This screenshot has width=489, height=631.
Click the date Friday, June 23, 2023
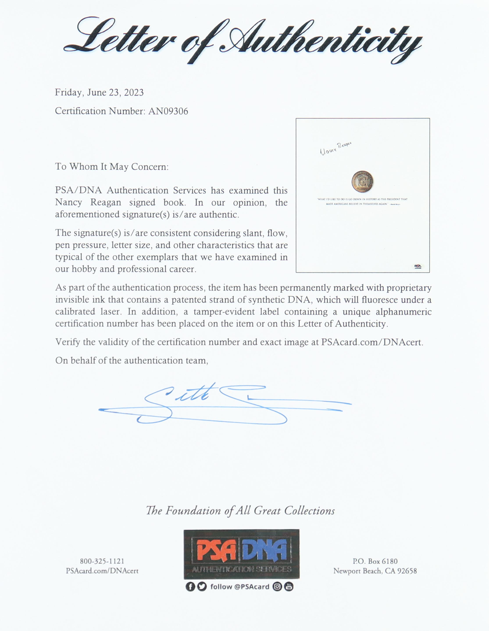(x=99, y=93)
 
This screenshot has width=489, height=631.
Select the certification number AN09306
(x=168, y=111)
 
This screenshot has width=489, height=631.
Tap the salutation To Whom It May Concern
(x=112, y=167)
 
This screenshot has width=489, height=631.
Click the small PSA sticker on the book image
(x=418, y=266)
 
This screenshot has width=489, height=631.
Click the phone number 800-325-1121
(x=102, y=561)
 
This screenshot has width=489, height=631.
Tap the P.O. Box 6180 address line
(x=375, y=561)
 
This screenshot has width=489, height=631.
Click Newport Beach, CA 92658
(x=375, y=571)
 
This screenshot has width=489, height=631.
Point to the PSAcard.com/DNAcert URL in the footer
(x=102, y=571)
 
